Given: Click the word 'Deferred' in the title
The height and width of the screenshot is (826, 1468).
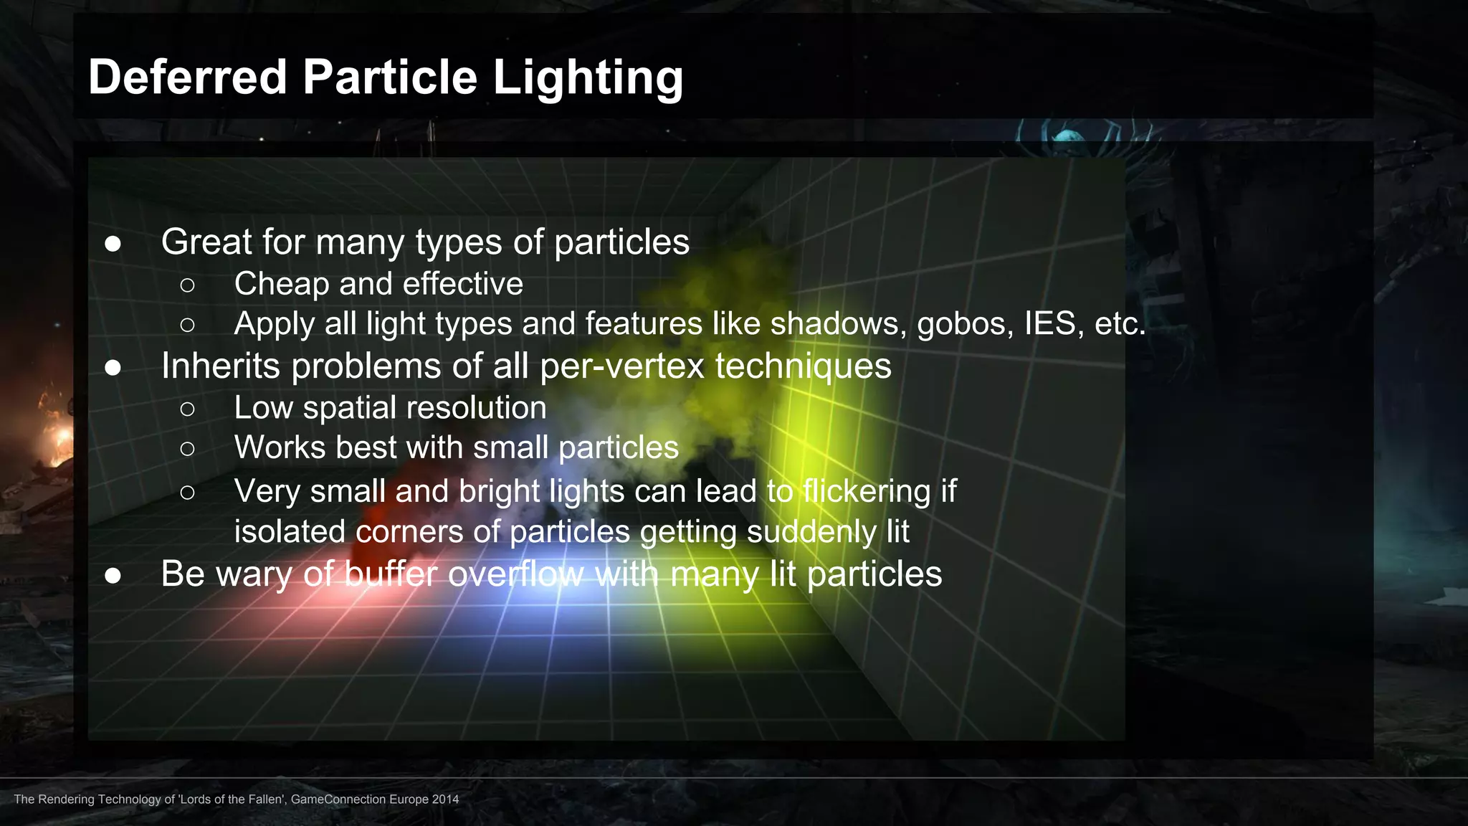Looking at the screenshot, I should point(187,77).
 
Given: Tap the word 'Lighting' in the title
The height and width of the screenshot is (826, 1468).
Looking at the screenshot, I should point(588,78).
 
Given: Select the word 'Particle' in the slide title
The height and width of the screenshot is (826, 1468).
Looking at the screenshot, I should point(390,77).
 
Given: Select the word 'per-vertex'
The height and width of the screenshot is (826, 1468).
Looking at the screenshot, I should point(623,367).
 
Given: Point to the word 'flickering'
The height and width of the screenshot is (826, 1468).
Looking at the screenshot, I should point(867,491).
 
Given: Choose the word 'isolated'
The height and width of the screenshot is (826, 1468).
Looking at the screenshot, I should point(290,532).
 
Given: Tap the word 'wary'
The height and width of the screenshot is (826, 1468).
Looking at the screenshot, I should point(255,575).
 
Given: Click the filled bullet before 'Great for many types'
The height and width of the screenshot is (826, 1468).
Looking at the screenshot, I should point(113,244).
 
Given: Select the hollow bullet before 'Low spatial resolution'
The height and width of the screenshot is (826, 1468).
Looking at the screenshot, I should point(187,409).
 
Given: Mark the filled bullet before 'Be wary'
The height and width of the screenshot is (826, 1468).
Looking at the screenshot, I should point(113,576).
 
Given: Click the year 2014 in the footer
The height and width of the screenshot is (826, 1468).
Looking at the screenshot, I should point(445,799).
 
